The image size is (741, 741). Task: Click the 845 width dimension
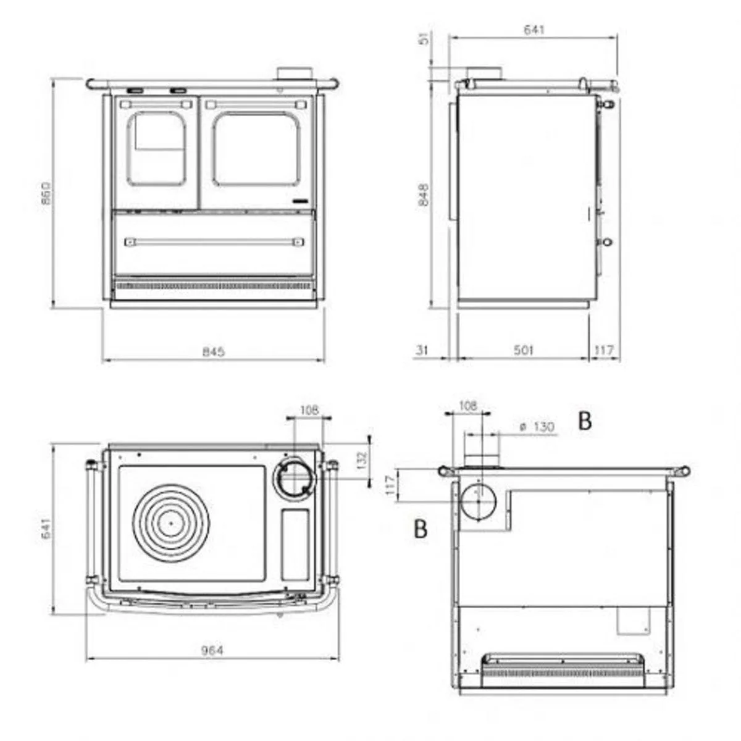[x=214, y=351]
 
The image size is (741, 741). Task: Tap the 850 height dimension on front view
[x=46, y=193]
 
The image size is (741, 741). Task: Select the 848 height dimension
[x=424, y=195]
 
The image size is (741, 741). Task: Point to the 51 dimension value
[x=424, y=39]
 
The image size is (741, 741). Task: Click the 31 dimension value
[x=422, y=350]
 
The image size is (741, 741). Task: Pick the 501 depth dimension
[x=524, y=350]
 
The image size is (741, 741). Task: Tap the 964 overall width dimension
[x=212, y=650]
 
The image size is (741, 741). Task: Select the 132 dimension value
[x=362, y=460]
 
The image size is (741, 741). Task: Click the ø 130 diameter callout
[x=537, y=427]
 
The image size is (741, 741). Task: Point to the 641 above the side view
[x=534, y=29]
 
